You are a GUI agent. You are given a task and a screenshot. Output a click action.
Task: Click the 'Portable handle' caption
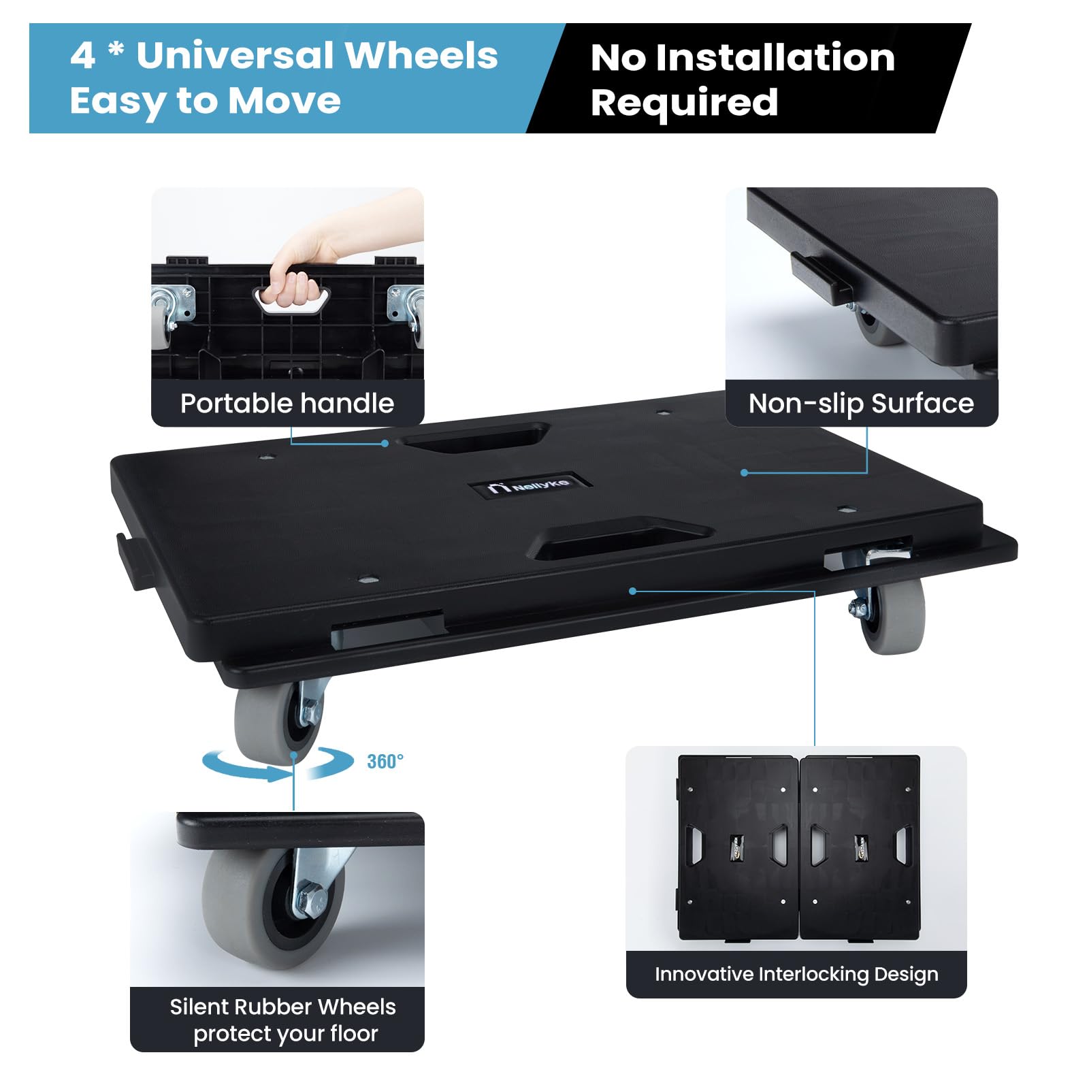[287, 404]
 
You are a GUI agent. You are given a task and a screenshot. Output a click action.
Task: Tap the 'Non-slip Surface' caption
[861, 404]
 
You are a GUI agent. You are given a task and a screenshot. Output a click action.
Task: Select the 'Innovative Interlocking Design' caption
[796, 974]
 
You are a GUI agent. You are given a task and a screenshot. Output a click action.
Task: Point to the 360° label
[385, 761]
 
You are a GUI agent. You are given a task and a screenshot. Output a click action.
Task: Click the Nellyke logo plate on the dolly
[529, 485]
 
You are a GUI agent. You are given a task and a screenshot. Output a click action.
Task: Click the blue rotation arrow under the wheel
[278, 765]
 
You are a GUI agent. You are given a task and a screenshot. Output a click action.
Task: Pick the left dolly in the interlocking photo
[738, 848]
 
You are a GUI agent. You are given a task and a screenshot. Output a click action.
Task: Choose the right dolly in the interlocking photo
[860, 848]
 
